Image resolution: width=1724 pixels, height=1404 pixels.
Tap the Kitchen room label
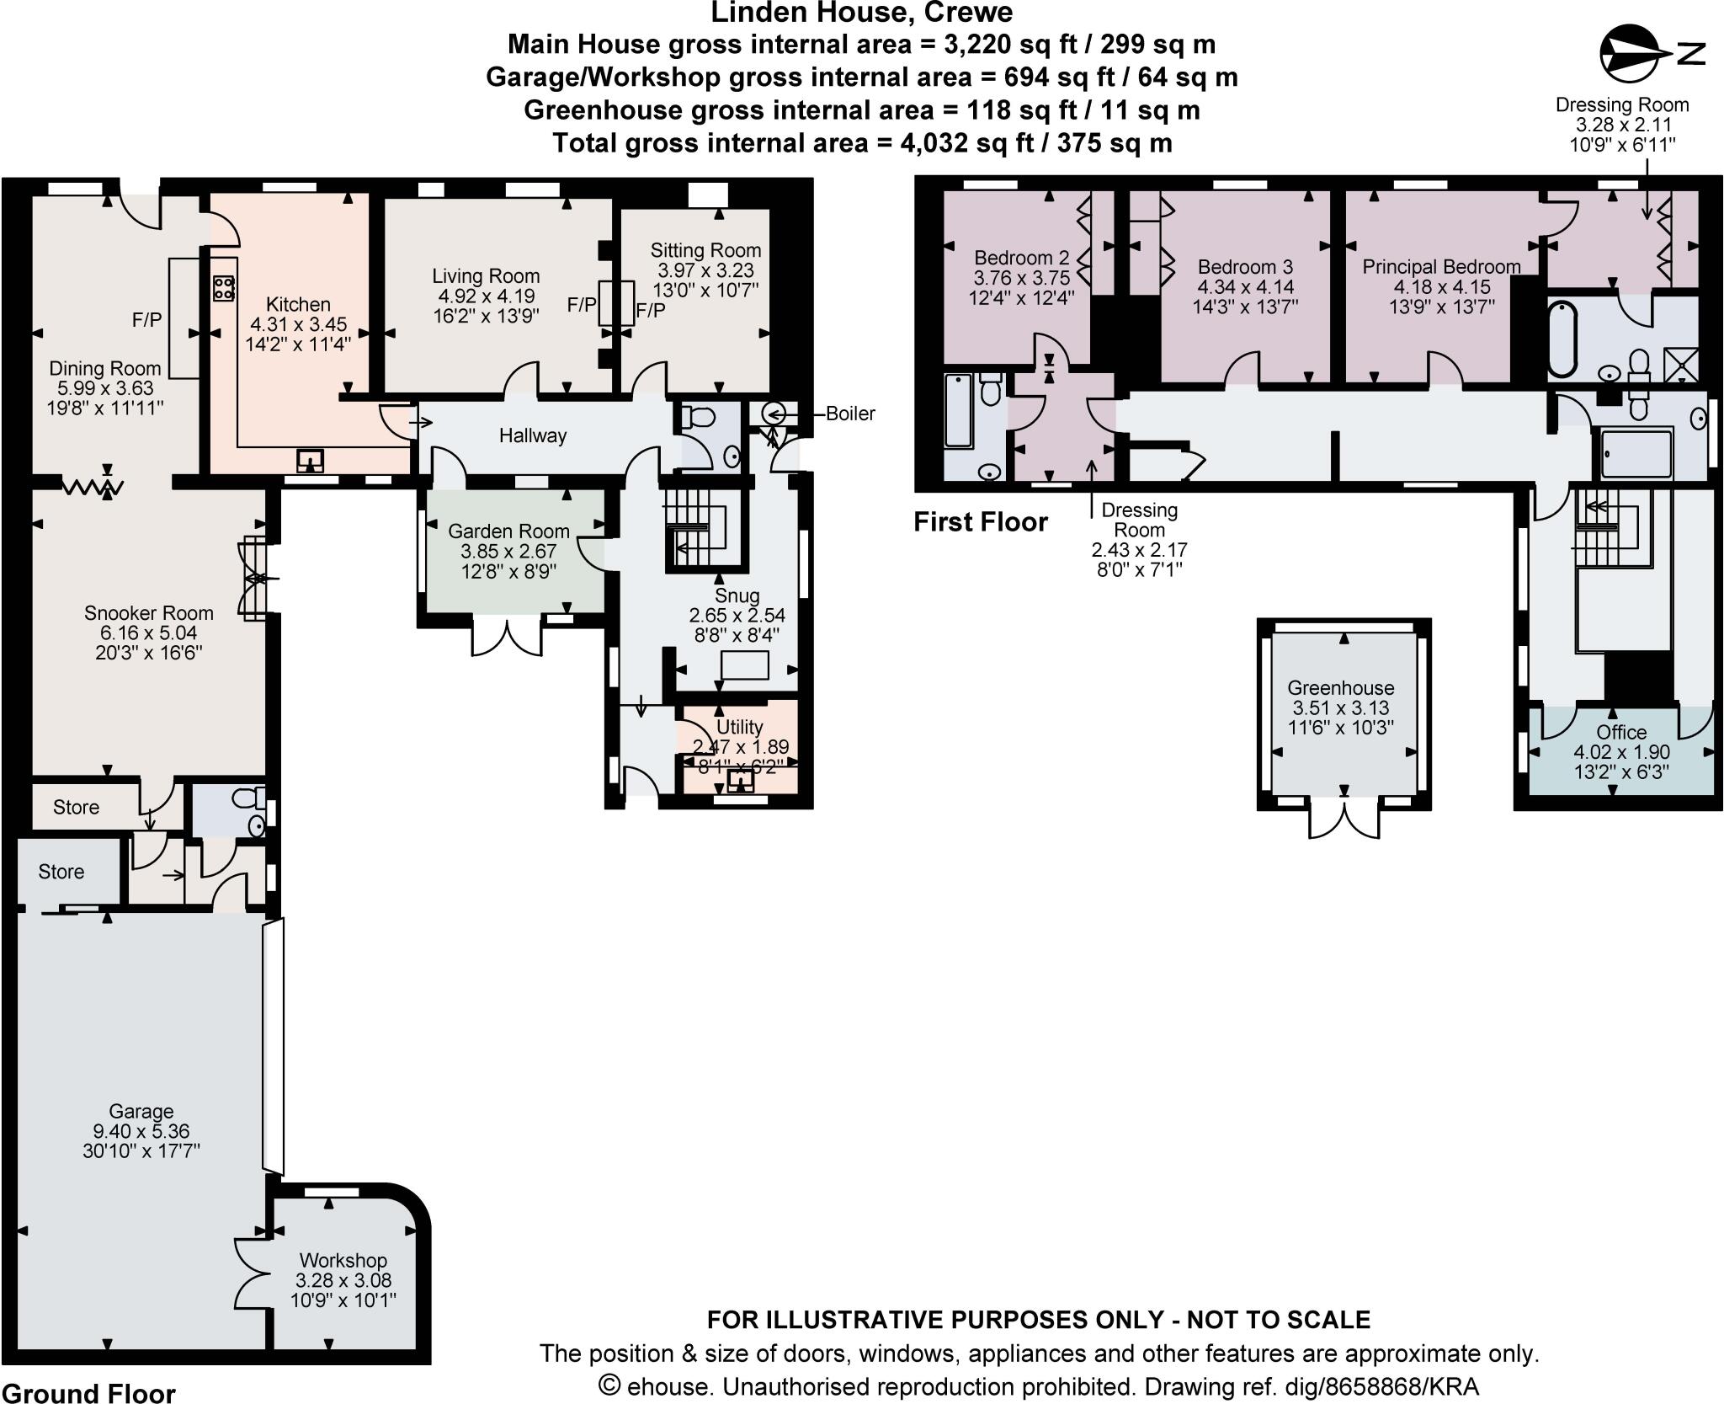(298, 304)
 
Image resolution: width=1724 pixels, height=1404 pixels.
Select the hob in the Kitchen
(224, 289)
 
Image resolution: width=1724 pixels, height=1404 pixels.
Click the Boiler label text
(849, 414)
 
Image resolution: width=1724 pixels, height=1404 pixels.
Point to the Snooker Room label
(148, 612)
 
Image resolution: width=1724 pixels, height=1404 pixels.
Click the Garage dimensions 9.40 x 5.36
(141, 1131)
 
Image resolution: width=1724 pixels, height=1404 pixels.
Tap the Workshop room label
(343, 1260)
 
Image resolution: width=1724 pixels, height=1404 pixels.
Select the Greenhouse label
(1340, 687)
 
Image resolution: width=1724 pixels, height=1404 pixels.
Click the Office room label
(1620, 732)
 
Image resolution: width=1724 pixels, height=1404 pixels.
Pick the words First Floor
(980, 522)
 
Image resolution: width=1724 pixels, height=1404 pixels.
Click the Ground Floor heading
(88, 1393)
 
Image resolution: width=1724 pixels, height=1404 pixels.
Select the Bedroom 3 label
(1244, 267)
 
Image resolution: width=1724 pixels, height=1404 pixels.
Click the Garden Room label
(508, 531)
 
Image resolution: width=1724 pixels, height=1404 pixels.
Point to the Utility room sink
(740, 782)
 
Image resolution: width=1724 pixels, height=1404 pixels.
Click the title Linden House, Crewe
(861, 13)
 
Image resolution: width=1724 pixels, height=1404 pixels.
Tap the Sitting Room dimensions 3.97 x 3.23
(705, 270)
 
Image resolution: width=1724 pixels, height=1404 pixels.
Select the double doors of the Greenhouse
(1344, 819)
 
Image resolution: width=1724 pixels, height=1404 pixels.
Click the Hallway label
(532, 435)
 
